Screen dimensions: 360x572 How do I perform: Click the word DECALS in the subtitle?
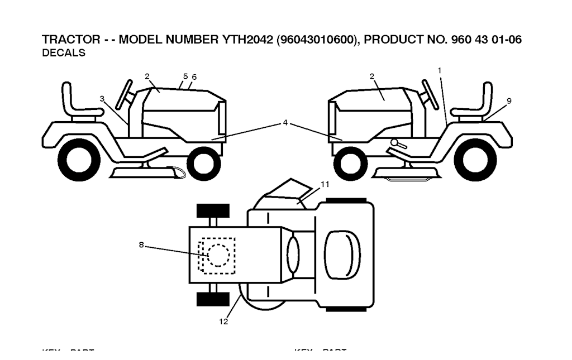pos(64,54)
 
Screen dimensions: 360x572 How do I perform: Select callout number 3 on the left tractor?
pos(102,98)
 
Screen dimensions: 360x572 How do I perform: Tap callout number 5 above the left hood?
pos(185,76)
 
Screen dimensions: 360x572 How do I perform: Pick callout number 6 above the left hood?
pos(194,76)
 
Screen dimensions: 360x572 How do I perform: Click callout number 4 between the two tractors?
pos(285,122)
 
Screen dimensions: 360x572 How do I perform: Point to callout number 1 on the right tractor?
pos(440,70)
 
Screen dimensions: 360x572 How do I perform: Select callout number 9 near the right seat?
pos(509,100)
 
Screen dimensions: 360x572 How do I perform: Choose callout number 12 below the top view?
pos(223,321)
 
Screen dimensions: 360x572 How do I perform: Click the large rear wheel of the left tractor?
pos(79,159)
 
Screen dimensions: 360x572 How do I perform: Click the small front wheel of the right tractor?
pos(350,164)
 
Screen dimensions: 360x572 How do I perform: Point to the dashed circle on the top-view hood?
pos(218,255)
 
